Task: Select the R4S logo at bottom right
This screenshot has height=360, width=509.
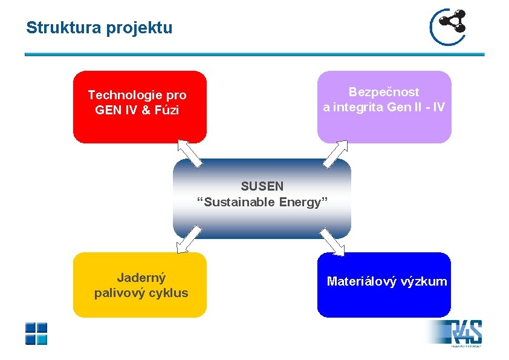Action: pos(465,333)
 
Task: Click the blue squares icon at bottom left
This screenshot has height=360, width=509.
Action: pos(36,333)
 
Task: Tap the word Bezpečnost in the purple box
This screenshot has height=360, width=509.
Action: pos(384,92)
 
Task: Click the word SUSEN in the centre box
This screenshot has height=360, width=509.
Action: pos(262,186)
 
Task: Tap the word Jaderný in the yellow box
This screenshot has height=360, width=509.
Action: pos(141,278)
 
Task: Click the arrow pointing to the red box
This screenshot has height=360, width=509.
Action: pos(189,152)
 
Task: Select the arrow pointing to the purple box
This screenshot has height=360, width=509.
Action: pos(336,153)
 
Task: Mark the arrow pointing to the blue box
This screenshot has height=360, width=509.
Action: pos(332,241)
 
